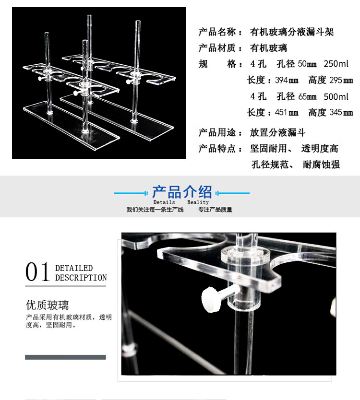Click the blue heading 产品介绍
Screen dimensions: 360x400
click(x=182, y=192)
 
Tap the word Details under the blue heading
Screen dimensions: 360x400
click(x=164, y=202)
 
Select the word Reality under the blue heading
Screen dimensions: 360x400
click(x=198, y=202)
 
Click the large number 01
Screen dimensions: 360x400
click(x=37, y=272)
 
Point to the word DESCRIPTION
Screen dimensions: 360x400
click(x=81, y=278)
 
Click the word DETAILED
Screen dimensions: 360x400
click(x=74, y=268)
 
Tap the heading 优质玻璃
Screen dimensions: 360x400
click(x=47, y=305)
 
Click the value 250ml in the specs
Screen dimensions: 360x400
click(x=336, y=64)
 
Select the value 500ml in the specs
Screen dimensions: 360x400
click(x=336, y=97)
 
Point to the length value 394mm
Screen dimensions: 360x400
click(x=287, y=81)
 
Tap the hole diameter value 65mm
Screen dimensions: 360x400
click(x=307, y=97)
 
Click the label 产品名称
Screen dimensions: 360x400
click(x=217, y=32)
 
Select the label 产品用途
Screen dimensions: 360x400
click(x=217, y=133)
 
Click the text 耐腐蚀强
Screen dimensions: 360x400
click(x=321, y=165)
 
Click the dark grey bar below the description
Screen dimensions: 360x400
click(x=65, y=357)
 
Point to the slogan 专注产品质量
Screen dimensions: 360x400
click(x=215, y=210)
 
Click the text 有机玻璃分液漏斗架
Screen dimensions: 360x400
click(x=292, y=32)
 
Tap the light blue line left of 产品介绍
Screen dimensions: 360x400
click(x=131, y=193)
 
